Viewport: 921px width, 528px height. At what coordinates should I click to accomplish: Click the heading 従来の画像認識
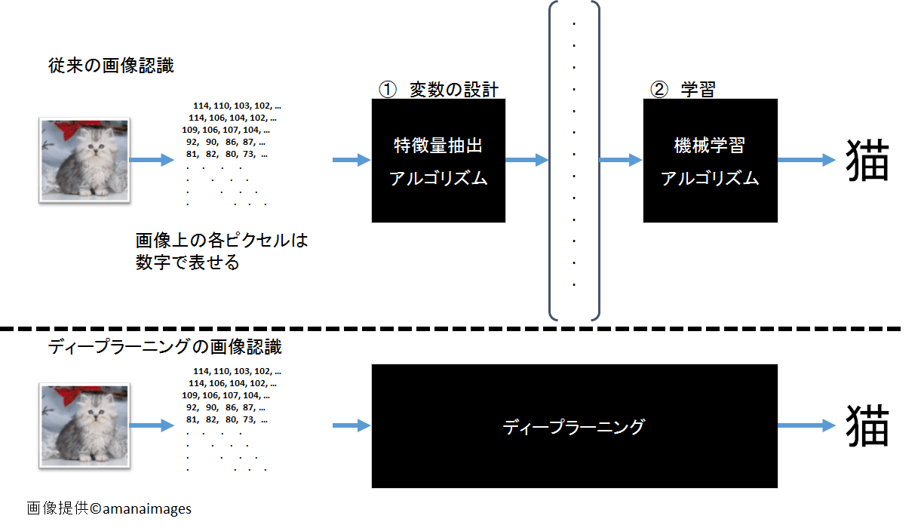(111, 66)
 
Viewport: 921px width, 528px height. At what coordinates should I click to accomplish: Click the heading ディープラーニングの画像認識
(164, 348)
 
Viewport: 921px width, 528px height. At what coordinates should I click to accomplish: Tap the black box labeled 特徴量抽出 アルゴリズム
(438, 161)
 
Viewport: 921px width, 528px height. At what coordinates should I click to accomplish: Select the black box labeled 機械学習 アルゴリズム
(710, 161)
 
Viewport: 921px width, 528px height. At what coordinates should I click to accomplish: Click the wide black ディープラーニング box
(574, 426)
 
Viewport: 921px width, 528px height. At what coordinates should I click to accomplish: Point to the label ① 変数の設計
(438, 90)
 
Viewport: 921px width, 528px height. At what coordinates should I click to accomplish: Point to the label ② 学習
(683, 90)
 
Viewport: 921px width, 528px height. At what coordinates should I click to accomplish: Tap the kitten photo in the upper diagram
(84, 160)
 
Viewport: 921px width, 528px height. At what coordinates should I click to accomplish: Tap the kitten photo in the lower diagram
(84, 426)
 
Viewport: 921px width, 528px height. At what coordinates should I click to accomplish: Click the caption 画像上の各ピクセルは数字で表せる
(222, 252)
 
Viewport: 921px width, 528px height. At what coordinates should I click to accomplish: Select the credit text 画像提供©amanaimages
(109, 508)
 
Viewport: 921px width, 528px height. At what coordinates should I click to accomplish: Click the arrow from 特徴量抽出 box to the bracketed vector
(527, 160)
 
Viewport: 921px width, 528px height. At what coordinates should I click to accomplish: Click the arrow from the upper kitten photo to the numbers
(152, 160)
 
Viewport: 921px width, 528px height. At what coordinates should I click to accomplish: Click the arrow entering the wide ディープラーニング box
(352, 426)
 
